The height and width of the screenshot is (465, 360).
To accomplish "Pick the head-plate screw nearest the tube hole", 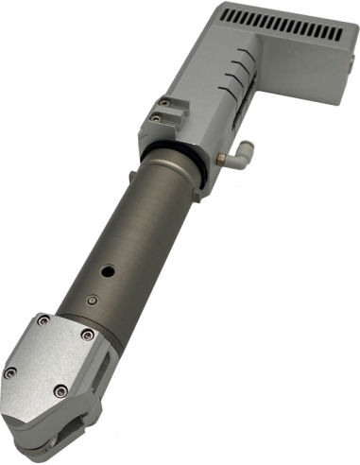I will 86,334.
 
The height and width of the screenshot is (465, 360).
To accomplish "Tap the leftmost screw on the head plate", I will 10,372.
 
